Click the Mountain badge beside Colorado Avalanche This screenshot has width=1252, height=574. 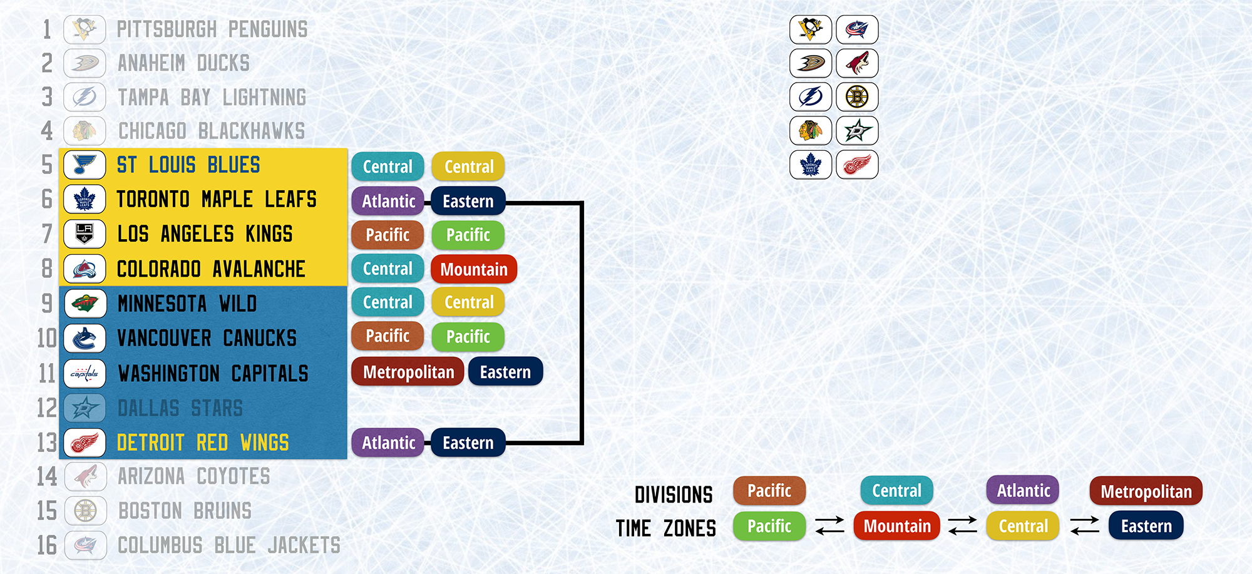(x=474, y=269)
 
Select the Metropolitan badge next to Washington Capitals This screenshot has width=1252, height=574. (x=408, y=372)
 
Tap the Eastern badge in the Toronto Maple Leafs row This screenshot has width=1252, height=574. (x=468, y=201)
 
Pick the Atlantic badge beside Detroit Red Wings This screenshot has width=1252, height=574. (x=388, y=443)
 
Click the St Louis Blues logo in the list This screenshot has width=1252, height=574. (x=85, y=165)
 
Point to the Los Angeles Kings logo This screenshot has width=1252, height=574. (x=85, y=233)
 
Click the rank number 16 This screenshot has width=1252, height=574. (x=47, y=545)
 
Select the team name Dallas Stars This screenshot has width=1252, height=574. (x=180, y=408)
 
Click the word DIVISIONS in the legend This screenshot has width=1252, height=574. (x=674, y=495)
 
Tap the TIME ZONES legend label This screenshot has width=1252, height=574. (x=665, y=528)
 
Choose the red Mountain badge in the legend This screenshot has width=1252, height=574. (x=897, y=526)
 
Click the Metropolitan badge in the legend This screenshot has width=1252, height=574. (x=1146, y=491)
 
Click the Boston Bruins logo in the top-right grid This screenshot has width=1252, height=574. (x=857, y=97)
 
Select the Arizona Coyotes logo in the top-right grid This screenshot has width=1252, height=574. (x=857, y=63)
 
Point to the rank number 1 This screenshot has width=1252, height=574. (x=47, y=29)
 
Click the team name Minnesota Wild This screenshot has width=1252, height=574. (x=187, y=304)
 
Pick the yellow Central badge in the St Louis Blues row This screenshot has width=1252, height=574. (x=468, y=167)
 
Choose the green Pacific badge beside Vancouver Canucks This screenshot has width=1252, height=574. (x=468, y=336)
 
